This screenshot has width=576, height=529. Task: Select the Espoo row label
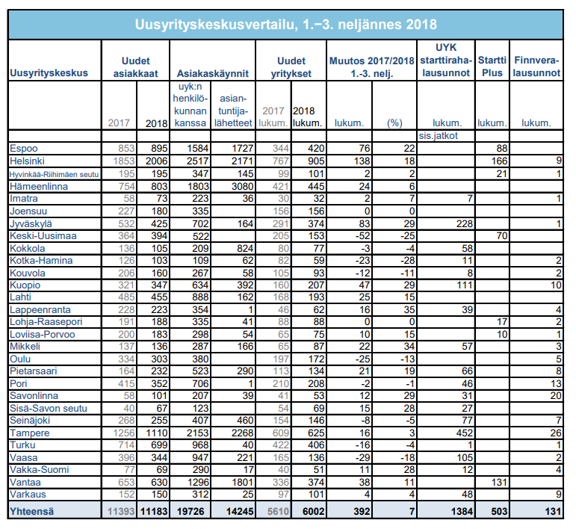point(24,148)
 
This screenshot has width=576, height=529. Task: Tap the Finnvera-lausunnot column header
point(537,67)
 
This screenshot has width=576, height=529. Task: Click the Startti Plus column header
point(492,67)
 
